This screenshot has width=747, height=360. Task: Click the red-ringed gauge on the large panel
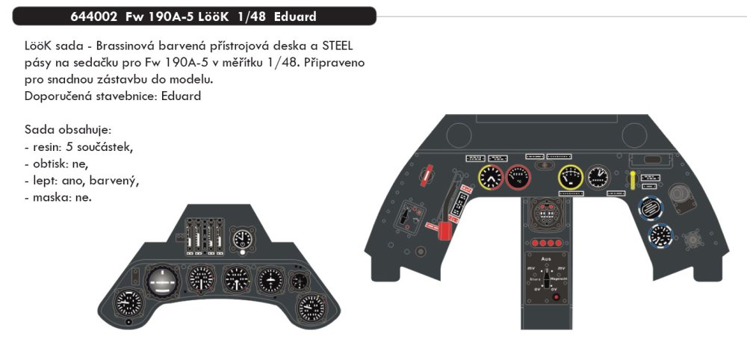pos(521,178)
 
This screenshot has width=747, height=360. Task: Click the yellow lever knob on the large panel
pos(633,178)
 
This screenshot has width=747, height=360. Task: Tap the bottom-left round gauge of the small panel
pos(128,304)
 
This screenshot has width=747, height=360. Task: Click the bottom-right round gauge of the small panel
pos(309,307)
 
